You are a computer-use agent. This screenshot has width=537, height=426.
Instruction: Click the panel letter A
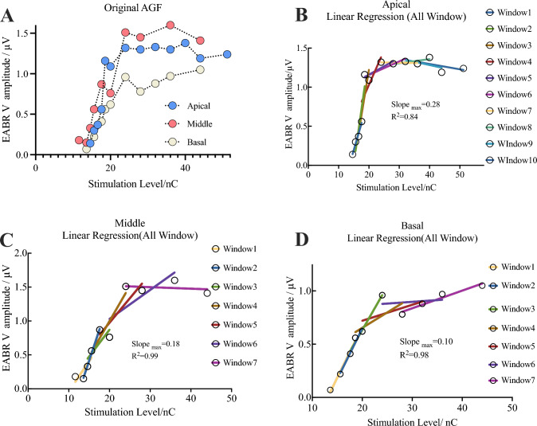coord(11,12)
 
